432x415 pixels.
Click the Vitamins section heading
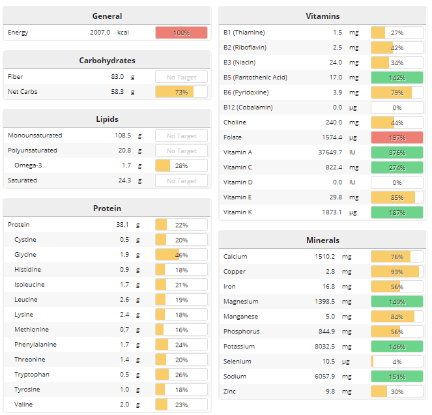[x=323, y=16]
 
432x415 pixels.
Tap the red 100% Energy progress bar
[x=181, y=33]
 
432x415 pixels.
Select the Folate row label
[x=233, y=137]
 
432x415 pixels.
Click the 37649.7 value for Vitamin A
[x=328, y=152]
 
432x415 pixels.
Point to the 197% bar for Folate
[x=397, y=137]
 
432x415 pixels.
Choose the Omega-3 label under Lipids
[x=28, y=165]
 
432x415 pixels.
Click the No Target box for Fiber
[x=181, y=77]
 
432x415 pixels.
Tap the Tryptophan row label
[x=32, y=375]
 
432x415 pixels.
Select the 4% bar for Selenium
[x=397, y=362]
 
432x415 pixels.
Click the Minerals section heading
[x=323, y=240]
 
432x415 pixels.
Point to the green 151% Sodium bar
[x=397, y=377]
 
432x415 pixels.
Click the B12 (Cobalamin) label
[x=248, y=107]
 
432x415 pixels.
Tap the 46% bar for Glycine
[x=181, y=255]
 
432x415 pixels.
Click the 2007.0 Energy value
[x=100, y=32]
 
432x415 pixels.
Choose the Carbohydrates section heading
[x=107, y=60]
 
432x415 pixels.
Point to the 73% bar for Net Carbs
[x=181, y=92]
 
